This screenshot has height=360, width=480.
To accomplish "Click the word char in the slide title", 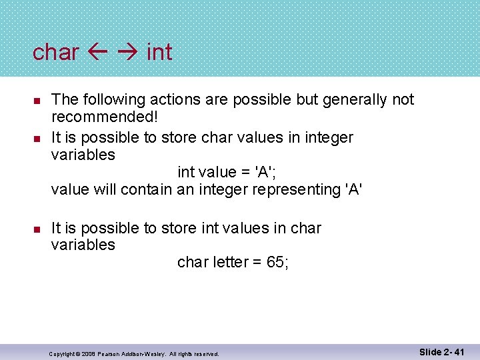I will (x=56, y=52).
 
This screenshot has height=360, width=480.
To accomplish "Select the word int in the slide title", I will (x=159, y=52).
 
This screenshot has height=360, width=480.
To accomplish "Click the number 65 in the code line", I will (x=275, y=263).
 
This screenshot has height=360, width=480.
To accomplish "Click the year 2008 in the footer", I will (x=91, y=353).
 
